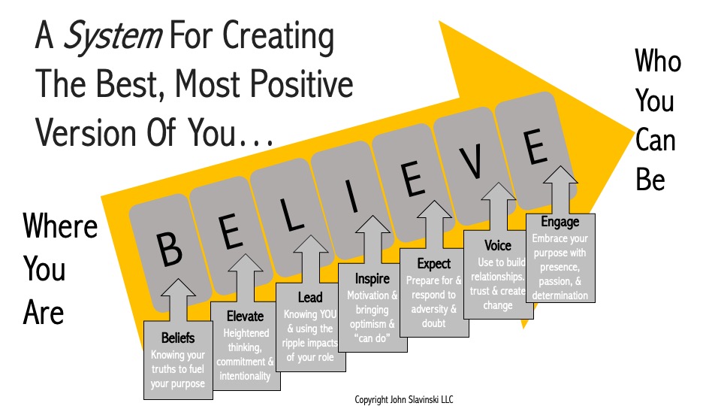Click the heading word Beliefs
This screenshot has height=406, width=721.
[x=178, y=338]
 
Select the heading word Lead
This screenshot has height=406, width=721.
[x=310, y=298]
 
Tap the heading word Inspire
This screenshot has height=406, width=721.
[x=373, y=280]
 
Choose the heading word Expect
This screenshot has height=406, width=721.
[x=434, y=264]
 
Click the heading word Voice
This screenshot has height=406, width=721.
[x=498, y=246]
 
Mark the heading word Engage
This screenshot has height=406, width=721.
[x=560, y=222]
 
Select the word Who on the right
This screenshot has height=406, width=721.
[x=658, y=62]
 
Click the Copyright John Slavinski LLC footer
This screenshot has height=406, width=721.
[x=404, y=399]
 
